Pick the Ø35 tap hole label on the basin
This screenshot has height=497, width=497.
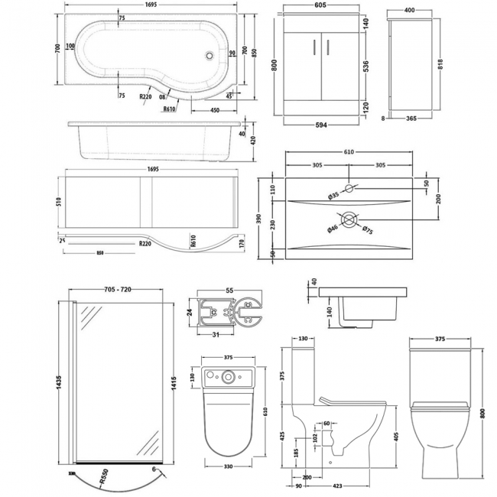(x=334, y=197)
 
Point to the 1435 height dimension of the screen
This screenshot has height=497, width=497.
(x=50, y=382)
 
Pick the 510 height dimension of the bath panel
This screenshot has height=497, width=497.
(x=49, y=202)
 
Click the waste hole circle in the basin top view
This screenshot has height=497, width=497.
(x=349, y=219)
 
